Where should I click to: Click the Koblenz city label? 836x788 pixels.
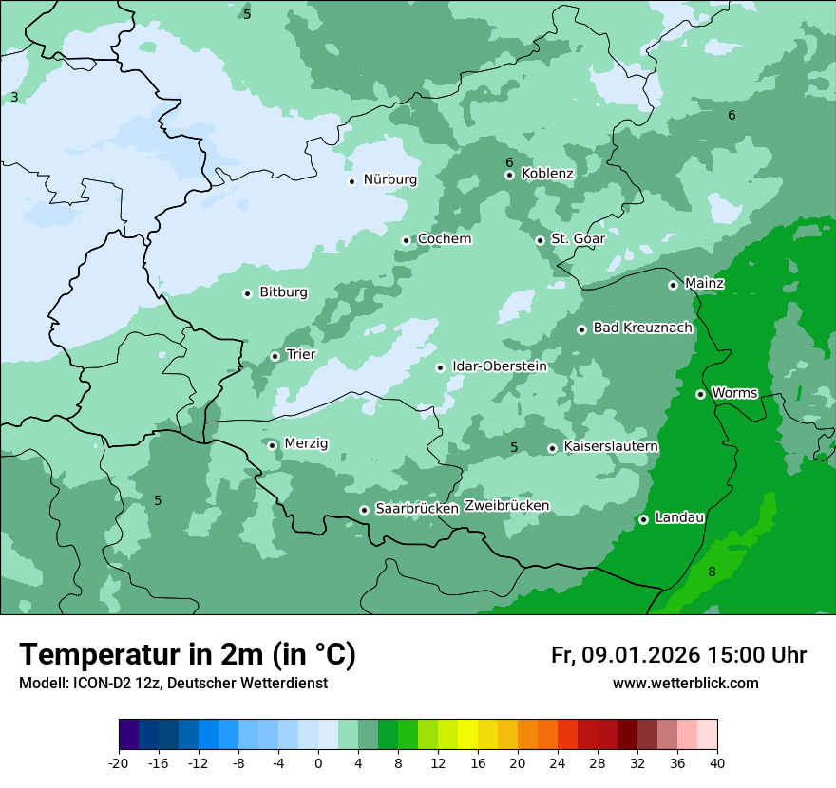(547, 174)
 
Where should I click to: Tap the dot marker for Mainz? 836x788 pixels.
(673, 285)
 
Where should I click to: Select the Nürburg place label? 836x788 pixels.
(389, 179)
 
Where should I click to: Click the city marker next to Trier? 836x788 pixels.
(275, 356)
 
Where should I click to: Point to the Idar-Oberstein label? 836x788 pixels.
(499, 366)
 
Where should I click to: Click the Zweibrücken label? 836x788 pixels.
(506, 506)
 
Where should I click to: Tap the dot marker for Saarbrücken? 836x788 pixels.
(364, 510)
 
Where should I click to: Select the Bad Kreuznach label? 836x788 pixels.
(642, 328)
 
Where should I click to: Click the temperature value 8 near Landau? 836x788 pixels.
(712, 572)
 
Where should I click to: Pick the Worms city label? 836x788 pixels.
(733, 393)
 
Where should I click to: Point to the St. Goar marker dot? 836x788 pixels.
(540, 240)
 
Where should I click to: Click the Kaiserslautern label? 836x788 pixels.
(611, 447)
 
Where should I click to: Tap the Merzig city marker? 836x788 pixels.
(272, 444)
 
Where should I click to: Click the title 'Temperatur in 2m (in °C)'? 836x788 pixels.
(187, 655)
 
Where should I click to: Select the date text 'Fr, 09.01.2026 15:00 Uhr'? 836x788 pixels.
(678, 655)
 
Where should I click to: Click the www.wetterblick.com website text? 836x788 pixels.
(685, 684)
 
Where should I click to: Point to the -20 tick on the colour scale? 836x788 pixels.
(119, 762)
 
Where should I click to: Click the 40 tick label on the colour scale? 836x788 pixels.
(717, 762)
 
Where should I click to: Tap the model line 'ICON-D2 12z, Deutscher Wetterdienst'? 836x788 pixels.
(173, 684)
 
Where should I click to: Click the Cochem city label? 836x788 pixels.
(444, 239)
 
